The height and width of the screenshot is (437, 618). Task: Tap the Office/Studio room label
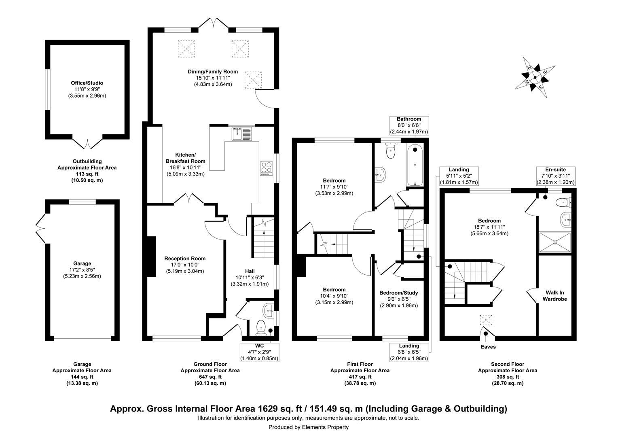coord(87,83)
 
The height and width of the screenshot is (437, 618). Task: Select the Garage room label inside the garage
coord(82,263)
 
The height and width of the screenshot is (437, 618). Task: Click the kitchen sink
coord(242,134)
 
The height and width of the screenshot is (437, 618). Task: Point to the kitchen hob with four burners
coord(267,168)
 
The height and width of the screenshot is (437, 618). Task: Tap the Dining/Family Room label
coord(212,72)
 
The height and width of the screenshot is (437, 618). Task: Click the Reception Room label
coord(184,259)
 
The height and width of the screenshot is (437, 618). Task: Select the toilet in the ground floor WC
coord(261,327)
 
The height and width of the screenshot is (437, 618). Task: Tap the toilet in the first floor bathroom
coord(391,151)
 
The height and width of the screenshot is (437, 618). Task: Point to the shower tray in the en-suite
coord(555,242)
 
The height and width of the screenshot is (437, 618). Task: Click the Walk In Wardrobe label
coord(556,296)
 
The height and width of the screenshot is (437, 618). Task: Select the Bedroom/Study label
coord(398,293)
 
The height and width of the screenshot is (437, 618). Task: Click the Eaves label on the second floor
coord(488,347)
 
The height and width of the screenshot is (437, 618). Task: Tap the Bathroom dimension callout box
coord(408,125)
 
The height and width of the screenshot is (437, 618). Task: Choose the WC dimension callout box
coord(259,352)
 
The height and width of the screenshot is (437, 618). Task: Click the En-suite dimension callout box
coord(556,176)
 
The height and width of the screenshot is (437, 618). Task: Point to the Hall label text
coord(250,271)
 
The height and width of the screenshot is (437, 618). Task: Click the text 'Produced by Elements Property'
coord(309,427)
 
